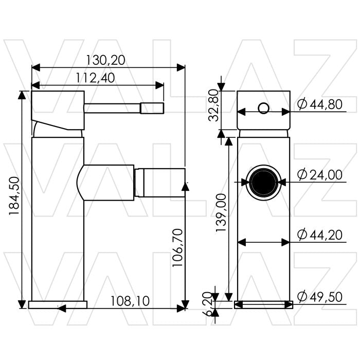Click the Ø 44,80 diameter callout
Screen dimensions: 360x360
coord(320,104)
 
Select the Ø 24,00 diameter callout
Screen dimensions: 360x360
coord(320,175)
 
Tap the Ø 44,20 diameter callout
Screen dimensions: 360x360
coord(320,235)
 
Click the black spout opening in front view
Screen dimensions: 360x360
coord(263,182)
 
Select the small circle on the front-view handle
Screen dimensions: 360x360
coord(263,108)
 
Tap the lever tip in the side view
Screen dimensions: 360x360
coord(153,109)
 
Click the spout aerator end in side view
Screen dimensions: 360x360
coord(159,182)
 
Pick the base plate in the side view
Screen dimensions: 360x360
coord(58,304)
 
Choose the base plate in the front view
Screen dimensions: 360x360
coord(263,304)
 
